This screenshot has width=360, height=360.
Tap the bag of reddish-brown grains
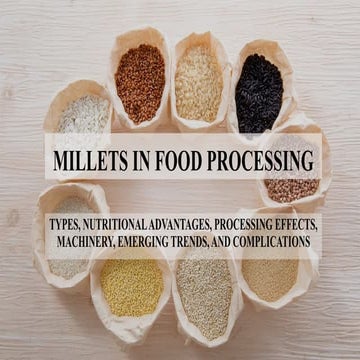[140, 83]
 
